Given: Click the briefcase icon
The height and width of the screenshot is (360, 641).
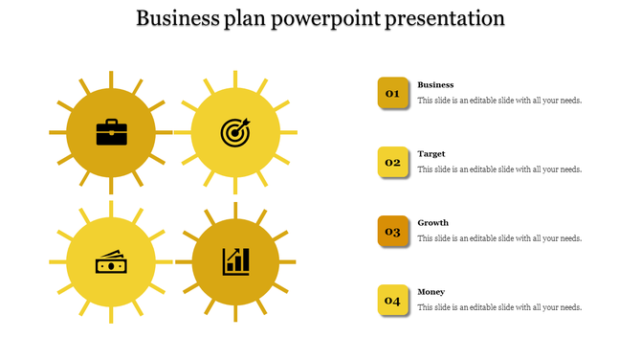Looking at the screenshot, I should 111,132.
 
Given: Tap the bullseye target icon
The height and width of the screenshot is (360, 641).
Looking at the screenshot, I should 234,132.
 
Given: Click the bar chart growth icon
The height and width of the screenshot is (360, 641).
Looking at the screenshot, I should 235,261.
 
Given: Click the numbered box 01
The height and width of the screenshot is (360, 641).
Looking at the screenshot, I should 392,93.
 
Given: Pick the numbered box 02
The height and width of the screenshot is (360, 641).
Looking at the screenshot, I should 392,162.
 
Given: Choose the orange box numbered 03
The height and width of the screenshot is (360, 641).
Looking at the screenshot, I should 392,231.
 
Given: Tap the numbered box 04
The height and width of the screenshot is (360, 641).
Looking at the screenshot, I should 392,301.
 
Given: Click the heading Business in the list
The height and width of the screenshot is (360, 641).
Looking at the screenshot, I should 435,85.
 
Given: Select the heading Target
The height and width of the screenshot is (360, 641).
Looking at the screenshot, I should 431,154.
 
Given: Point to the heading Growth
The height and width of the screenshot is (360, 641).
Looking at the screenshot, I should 432,223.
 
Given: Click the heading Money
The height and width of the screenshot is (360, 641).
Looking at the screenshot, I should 431,292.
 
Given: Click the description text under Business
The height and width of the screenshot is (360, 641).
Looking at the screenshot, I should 499,101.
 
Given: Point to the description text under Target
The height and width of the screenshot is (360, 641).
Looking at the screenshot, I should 499,169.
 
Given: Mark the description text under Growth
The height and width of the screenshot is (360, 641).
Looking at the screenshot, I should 499,238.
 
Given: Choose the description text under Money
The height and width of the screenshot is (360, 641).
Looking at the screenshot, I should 499,307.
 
